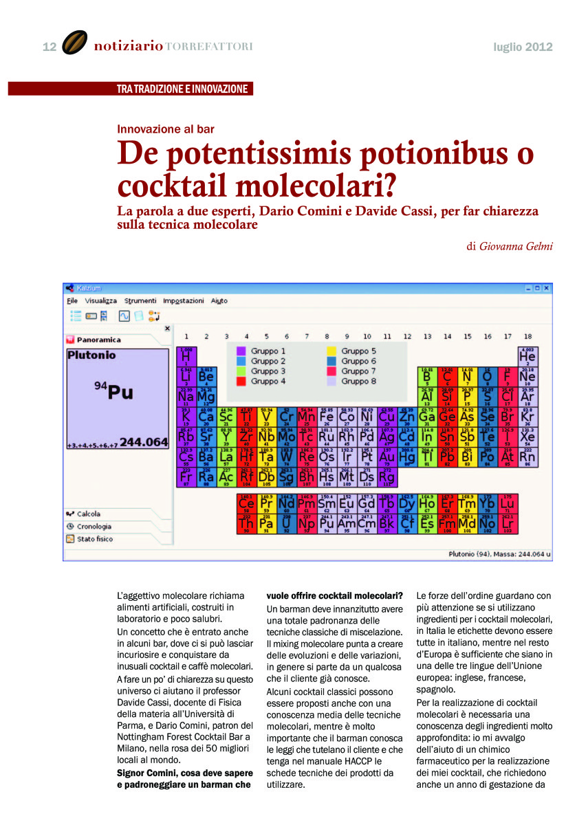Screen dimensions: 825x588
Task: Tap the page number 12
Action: [49, 47]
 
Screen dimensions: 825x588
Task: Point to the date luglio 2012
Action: [523, 47]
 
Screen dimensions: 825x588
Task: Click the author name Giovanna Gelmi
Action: [515, 245]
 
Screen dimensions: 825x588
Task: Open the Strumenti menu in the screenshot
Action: [140, 300]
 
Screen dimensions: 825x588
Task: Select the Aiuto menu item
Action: [219, 300]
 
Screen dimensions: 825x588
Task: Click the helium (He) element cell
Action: [527, 356]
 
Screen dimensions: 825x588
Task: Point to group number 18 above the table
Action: [527, 336]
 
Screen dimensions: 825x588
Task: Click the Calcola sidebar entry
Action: [89, 514]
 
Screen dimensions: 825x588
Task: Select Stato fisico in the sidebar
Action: [94, 538]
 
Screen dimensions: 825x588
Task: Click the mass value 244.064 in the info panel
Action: [143, 442]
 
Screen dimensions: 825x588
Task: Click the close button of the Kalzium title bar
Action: [547, 287]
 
